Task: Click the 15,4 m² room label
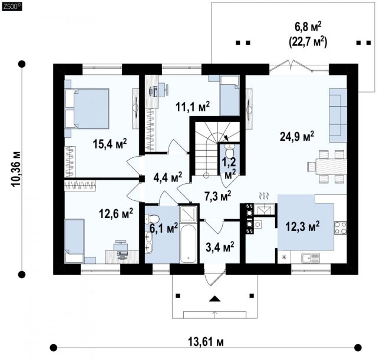(110, 144)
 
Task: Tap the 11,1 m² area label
(193, 107)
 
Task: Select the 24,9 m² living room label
(297, 136)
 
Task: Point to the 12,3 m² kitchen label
(302, 226)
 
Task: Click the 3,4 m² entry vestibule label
(220, 247)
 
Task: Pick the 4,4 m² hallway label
(167, 177)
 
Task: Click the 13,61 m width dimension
(206, 342)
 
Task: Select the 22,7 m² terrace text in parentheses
(308, 42)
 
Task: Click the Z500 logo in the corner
(12, 6)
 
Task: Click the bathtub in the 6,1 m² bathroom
(189, 244)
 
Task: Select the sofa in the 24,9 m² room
(338, 115)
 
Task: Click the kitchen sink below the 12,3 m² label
(311, 257)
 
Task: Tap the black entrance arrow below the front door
(215, 299)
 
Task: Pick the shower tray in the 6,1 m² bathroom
(189, 214)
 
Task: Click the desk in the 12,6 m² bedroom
(122, 257)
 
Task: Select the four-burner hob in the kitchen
(340, 228)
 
